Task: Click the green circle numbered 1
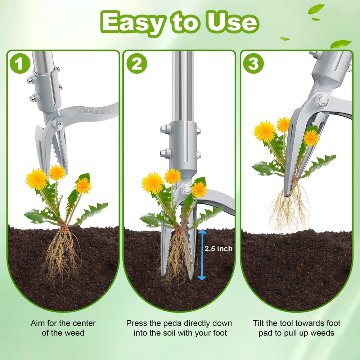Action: pyautogui.click(x=20, y=63)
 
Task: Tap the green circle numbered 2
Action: pyautogui.click(x=137, y=63)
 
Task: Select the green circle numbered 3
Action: pyautogui.click(x=253, y=63)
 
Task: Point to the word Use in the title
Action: pyautogui.click(x=233, y=22)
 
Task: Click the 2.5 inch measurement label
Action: pyautogui.click(x=219, y=249)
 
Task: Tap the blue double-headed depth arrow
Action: pyautogui.click(x=202, y=255)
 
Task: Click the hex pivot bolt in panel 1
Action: pyautogui.click(x=59, y=126)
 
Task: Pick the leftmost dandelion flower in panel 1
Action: pyautogui.click(x=37, y=179)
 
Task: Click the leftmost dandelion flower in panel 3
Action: pyautogui.click(x=265, y=131)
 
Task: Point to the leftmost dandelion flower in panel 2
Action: pyautogui.click(x=153, y=183)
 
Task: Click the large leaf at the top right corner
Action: pyautogui.click(x=341, y=44)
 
